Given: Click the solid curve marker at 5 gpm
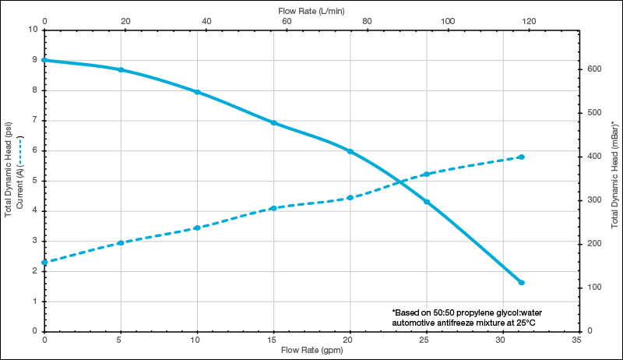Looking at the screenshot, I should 121,70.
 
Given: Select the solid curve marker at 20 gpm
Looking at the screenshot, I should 350,151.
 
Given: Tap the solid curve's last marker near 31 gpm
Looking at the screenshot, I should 522,282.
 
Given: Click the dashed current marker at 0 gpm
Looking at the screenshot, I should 44,263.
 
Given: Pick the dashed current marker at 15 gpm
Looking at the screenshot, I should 274,208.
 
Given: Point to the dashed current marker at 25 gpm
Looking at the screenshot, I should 427,174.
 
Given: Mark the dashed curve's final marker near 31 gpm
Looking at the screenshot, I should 522,157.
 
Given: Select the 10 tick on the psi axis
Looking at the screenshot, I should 33,30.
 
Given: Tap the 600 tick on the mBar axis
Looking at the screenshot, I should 596,69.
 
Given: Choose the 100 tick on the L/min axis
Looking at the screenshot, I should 448,21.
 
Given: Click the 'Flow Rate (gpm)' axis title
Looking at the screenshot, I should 311,350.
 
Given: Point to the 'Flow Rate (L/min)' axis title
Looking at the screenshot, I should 311,11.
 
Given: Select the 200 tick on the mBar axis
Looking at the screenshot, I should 596,244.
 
